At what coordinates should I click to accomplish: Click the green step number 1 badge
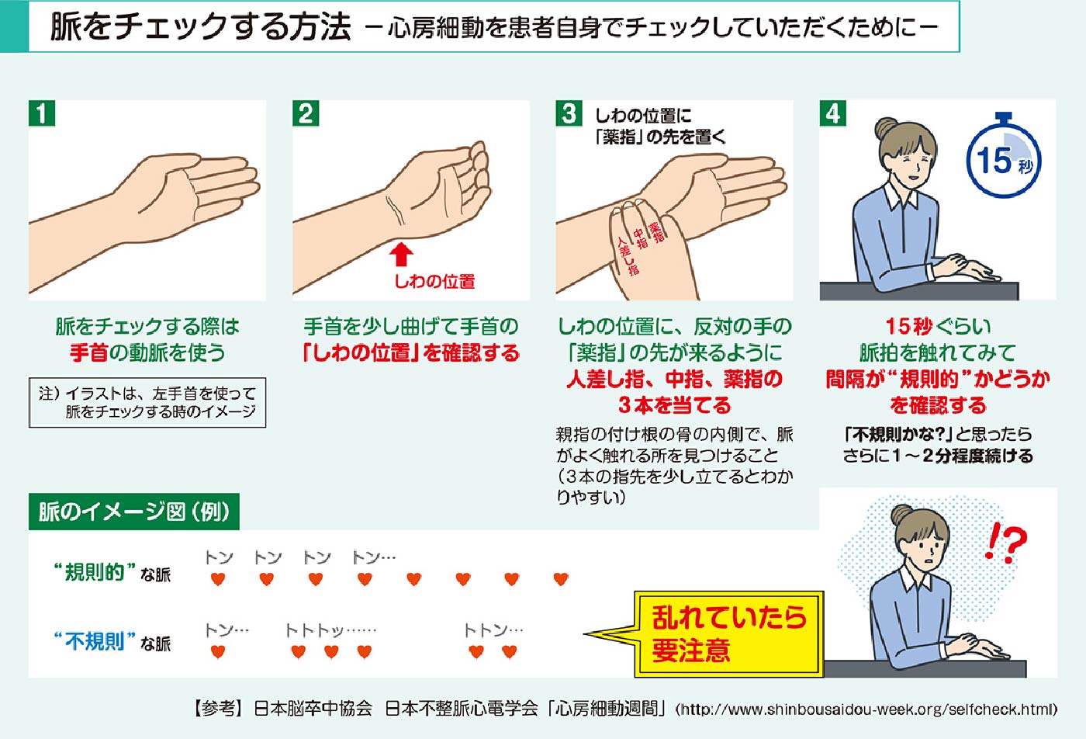[x=42, y=113]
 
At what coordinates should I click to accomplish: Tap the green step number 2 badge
[x=306, y=113]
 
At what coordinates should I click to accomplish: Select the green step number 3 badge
[x=569, y=113]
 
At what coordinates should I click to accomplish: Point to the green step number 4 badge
[x=833, y=113]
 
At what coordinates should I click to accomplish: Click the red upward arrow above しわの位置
[x=400, y=255]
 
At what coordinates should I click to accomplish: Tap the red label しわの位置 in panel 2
[x=434, y=282]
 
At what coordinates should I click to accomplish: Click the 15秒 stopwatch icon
[x=1004, y=160]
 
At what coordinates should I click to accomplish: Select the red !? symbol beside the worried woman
[x=1005, y=543]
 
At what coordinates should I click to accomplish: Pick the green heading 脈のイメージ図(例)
[x=133, y=512]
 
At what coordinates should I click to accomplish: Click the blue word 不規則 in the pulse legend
[x=95, y=642]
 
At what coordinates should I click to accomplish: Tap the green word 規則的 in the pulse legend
[x=95, y=573]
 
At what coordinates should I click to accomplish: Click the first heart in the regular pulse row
[x=218, y=579]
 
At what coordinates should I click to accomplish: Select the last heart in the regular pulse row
[x=561, y=579]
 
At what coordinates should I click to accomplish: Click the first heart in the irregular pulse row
[x=218, y=651]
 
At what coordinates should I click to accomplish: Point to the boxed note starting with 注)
[x=147, y=403]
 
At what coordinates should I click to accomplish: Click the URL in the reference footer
[x=866, y=709]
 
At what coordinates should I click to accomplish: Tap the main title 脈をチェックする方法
[x=200, y=27]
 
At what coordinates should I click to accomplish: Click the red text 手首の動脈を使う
[x=147, y=352]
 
